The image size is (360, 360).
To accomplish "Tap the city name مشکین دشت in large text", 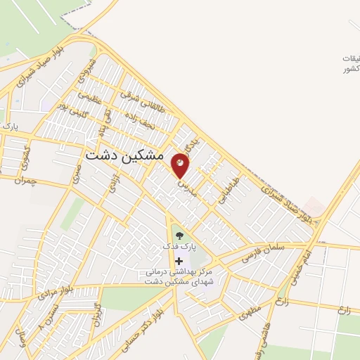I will click(x=124, y=155).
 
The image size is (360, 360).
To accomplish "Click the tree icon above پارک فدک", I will click(x=179, y=236).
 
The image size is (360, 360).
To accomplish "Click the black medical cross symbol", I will click(x=179, y=261).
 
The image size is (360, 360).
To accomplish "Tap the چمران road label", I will click(x=27, y=181).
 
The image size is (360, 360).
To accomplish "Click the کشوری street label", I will click(x=27, y=148).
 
